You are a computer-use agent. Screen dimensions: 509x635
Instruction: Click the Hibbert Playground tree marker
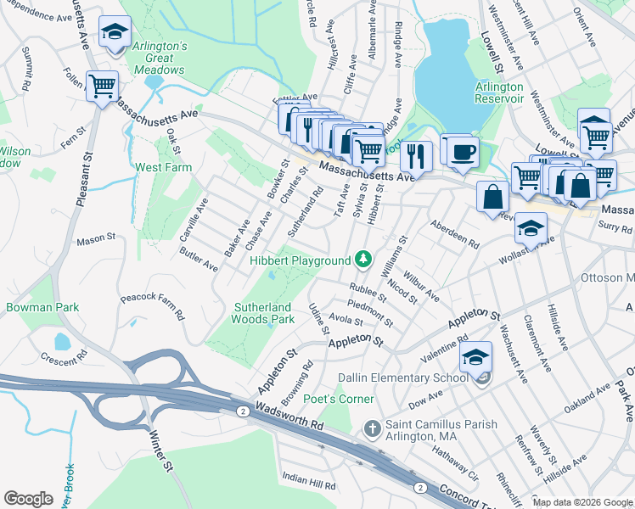tap(363, 258)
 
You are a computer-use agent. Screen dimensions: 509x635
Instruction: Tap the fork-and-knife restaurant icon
tap(415, 155)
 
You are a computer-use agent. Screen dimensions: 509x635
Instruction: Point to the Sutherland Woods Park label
tap(263, 313)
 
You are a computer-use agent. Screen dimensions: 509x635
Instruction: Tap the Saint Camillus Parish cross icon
tap(370, 428)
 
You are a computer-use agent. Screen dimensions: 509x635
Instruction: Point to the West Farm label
tap(163, 167)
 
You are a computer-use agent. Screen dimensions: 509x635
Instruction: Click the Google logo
tap(29, 499)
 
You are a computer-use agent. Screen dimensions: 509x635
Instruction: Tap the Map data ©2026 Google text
tap(582, 502)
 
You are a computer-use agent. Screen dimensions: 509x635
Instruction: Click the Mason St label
tap(95, 240)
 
